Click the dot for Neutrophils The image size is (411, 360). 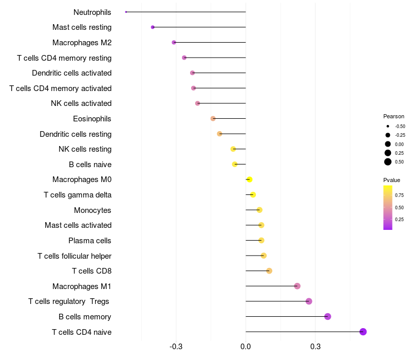coord(126,12)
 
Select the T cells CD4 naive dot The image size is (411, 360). coord(363,332)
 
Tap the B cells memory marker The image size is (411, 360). coord(328,317)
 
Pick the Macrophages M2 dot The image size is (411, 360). coord(174,42)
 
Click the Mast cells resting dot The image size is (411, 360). coord(153,27)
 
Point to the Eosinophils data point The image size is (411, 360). coord(213,119)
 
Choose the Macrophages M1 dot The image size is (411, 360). coord(297,286)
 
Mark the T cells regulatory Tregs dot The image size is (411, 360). coord(309,301)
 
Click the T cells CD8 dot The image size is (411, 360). coord(269,271)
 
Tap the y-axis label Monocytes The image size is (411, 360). coord(92,210)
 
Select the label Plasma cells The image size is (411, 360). coord(90,241)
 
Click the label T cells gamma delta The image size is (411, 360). coord(78,195)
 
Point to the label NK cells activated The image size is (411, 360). coord(81,103)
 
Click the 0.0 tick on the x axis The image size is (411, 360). coord(246,347)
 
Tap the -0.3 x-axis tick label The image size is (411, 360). coord(176,347)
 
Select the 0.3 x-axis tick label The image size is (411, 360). coord(315,347)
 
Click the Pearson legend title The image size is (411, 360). coord(394,116)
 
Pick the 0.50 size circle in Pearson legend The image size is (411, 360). coord(387,162)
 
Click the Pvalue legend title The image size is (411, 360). coord(391,180)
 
